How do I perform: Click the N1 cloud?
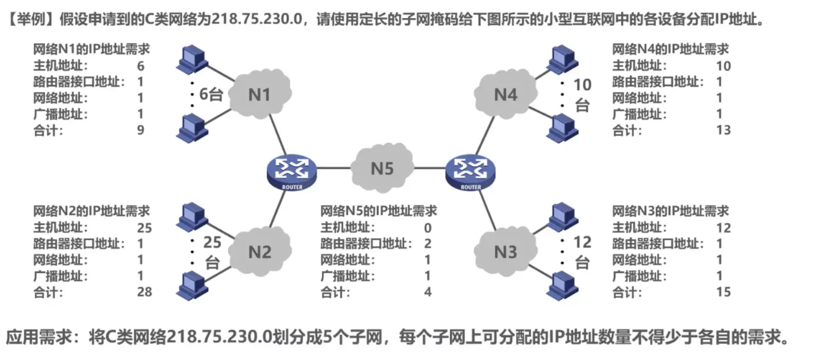click(260, 95)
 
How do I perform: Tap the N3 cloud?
click(506, 251)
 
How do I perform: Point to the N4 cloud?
click(506, 95)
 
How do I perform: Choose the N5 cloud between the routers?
click(383, 169)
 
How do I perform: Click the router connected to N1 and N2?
click(288, 171)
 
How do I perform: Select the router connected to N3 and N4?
click(467, 171)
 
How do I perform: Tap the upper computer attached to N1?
click(191, 58)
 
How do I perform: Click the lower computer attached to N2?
click(191, 284)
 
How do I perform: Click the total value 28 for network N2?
click(144, 292)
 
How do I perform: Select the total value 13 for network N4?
click(723, 130)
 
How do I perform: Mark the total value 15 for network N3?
click(723, 292)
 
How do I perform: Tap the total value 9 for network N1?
click(141, 130)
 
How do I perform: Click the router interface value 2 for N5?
click(427, 243)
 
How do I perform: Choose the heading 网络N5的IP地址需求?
click(379, 211)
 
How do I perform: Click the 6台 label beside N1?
click(210, 95)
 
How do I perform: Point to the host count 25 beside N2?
click(212, 243)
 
